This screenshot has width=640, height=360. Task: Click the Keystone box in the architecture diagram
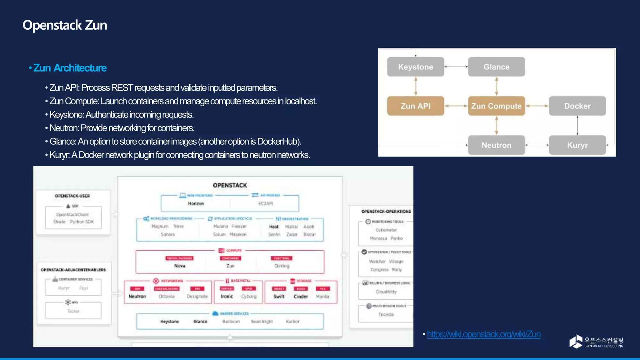[415, 67]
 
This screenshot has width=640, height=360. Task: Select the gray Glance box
[496, 67]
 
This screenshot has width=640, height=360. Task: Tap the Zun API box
[415, 106]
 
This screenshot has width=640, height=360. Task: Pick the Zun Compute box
[496, 106]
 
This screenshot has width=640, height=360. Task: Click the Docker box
[577, 106]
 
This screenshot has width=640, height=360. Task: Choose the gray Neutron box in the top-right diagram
[496, 145]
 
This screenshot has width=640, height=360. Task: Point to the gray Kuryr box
[577, 145]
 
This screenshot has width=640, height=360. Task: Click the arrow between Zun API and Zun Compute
[456, 106]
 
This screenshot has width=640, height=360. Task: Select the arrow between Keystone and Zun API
[416, 86]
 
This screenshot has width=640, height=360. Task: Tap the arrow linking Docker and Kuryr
[577, 125]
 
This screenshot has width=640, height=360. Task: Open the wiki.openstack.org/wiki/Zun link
[483, 334]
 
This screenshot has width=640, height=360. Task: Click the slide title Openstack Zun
[65, 25]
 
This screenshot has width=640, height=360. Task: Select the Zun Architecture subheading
[70, 68]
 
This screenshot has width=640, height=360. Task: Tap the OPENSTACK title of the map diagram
[230, 185]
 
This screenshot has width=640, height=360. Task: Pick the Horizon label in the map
[196, 203]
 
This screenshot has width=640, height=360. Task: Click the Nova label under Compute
[180, 266]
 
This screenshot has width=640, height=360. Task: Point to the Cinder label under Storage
[301, 297]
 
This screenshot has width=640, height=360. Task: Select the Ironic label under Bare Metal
[227, 297]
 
